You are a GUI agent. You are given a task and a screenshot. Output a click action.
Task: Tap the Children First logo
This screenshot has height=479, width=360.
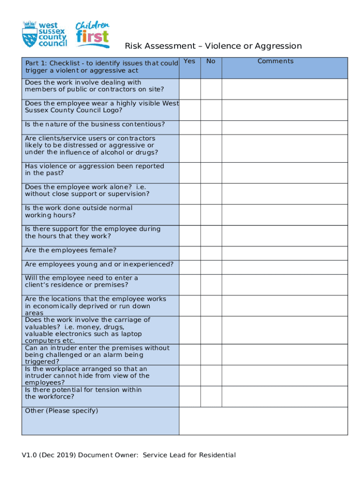93,34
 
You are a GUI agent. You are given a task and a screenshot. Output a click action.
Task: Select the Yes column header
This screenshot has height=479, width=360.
189,61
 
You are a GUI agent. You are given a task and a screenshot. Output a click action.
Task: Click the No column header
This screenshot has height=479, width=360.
211,61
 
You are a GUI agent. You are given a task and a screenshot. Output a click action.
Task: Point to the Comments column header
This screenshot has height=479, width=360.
275,61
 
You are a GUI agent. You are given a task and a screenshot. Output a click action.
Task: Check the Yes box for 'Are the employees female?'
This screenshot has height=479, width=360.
189,254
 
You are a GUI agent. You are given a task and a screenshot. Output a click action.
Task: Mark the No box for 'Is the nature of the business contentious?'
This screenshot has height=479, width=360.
211,128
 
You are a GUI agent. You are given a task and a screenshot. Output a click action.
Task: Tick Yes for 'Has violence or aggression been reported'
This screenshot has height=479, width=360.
189,173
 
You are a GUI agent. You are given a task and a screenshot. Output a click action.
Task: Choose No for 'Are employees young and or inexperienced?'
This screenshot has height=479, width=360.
211,267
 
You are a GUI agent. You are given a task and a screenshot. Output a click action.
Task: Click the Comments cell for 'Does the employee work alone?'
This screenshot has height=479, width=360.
284,194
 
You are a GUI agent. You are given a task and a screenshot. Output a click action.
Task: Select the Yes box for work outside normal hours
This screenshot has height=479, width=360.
189,215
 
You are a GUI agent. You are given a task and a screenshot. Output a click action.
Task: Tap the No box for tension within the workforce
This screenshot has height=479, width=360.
211,396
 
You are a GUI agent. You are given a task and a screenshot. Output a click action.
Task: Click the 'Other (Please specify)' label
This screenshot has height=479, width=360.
61,411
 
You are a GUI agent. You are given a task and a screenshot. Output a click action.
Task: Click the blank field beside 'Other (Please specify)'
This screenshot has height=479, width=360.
263,421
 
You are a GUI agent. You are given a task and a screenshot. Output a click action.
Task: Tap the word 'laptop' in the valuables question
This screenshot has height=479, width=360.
132,334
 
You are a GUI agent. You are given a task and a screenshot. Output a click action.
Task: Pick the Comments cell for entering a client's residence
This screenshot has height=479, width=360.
284,284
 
